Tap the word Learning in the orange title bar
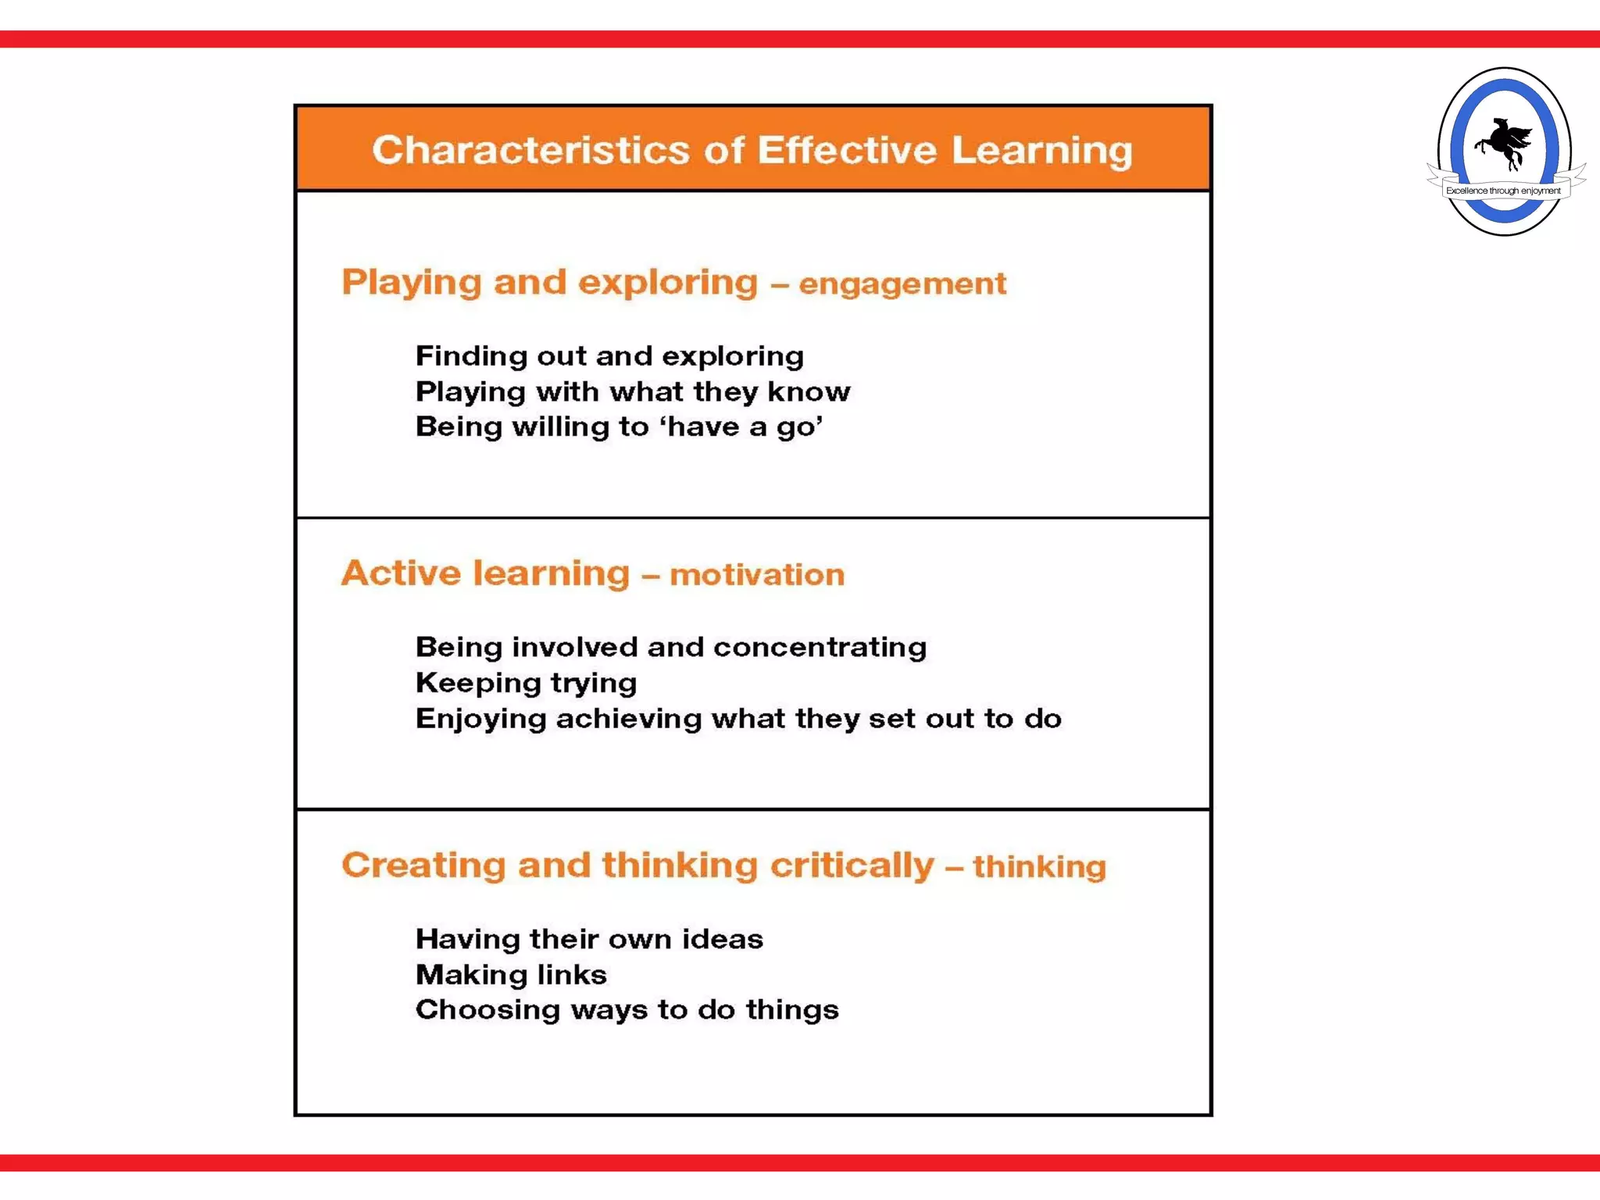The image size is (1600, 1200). (x=1041, y=150)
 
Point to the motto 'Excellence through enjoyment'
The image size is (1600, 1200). (x=1503, y=191)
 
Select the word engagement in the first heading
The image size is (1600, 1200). (x=902, y=284)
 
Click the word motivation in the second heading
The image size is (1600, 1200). (x=757, y=575)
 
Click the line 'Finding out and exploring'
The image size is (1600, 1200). (x=609, y=356)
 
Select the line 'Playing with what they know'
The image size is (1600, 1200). (x=633, y=391)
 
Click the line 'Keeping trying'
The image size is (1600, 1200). (x=526, y=683)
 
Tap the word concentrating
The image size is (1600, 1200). (x=820, y=647)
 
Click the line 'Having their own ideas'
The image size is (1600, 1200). (x=589, y=939)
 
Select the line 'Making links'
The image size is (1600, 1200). (x=511, y=975)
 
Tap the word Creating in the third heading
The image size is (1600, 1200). (x=423, y=866)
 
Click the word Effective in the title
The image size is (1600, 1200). (x=847, y=150)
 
